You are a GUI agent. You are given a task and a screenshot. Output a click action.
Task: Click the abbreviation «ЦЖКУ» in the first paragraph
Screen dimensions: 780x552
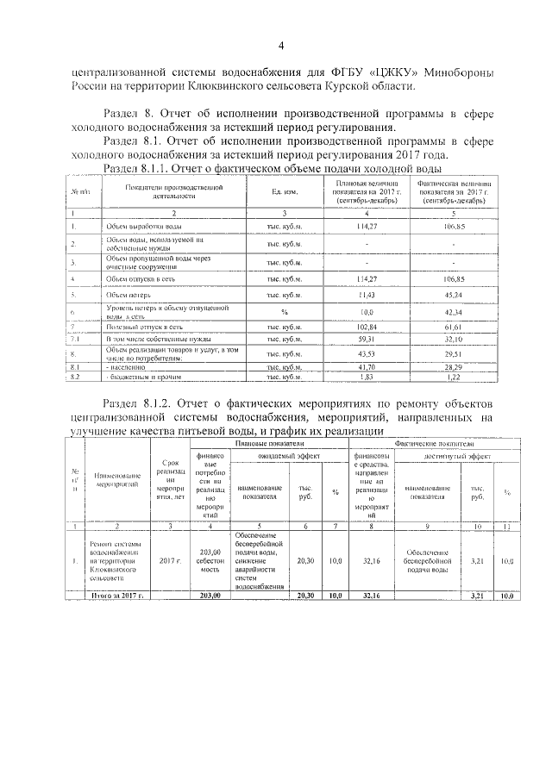point(380,72)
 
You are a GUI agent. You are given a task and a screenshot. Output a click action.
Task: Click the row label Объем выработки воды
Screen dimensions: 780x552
point(142,226)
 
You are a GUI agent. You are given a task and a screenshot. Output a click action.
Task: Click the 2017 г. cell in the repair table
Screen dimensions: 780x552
point(170,561)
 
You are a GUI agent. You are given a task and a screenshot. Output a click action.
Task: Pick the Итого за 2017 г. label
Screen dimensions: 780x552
point(115,595)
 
